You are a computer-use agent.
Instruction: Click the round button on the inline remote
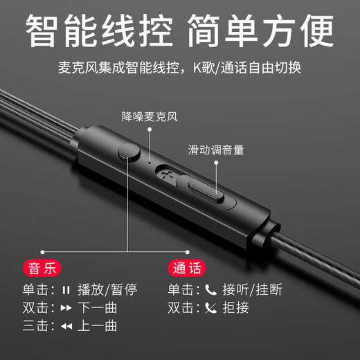[127, 152]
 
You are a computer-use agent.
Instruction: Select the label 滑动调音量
[216, 150]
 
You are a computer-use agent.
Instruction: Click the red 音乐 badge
[44, 267]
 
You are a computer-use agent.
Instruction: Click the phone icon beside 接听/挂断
[210, 289]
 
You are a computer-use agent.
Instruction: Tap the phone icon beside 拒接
[210, 307]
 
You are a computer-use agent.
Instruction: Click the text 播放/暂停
[107, 289]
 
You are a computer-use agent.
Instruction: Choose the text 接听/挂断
[252, 289]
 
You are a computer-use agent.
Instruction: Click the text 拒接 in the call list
[235, 307]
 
